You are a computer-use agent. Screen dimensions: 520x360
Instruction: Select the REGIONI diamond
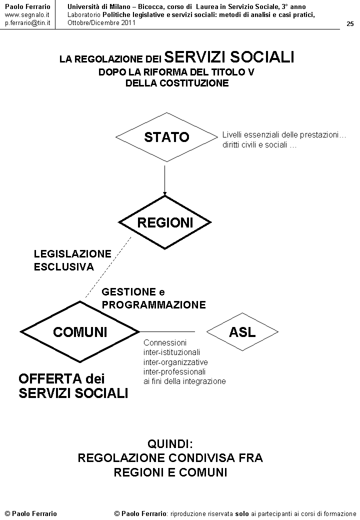pyautogui.click(x=164, y=222)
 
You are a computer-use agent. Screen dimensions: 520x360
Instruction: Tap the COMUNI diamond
pyautogui.click(x=80, y=331)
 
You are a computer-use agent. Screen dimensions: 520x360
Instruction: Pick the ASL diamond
pyautogui.click(x=242, y=331)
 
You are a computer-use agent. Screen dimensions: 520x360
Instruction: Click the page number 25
pyautogui.click(x=350, y=24)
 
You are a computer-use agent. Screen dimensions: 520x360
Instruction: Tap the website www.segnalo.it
pyautogui.click(x=27, y=15)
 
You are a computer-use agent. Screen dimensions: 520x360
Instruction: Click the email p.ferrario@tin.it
pyautogui.click(x=27, y=23)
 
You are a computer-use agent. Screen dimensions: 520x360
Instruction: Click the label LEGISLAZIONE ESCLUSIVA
pyautogui.click(x=72, y=260)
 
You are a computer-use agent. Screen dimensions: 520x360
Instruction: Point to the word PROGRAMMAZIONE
pyautogui.click(x=153, y=305)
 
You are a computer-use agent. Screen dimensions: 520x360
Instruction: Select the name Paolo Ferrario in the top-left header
pyautogui.click(x=27, y=6)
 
